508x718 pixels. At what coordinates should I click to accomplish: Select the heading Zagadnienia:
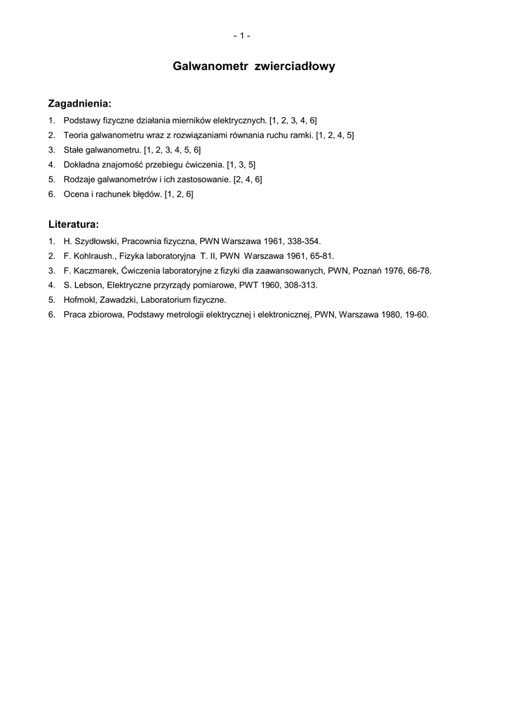click(x=79, y=104)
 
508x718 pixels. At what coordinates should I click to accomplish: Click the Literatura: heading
click(x=73, y=225)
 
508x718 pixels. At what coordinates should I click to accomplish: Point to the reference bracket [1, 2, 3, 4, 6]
click(x=293, y=120)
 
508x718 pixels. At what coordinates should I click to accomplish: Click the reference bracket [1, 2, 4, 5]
click(x=335, y=135)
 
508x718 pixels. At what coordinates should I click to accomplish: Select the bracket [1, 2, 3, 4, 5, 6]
click(x=173, y=149)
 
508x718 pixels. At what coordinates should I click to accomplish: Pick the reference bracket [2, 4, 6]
click(x=248, y=179)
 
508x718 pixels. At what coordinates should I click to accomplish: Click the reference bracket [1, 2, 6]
click(x=179, y=194)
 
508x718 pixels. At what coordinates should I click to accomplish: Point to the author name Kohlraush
click(x=93, y=255)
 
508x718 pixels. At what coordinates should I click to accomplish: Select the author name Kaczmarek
click(x=94, y=270)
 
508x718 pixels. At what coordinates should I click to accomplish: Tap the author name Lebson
click(x=86, y=285)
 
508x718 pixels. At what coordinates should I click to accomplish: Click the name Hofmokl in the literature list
click(x=79, y=299)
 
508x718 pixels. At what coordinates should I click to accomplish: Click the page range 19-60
click(x=416, y=314)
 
